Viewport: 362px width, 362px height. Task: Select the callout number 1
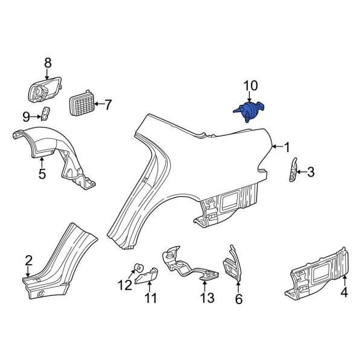pos(287,147)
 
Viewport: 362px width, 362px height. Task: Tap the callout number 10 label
pos(250,86)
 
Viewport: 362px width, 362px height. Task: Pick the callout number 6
pos(238,299)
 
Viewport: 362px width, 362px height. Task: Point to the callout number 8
pos(48,63)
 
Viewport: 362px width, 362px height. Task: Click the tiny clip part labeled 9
pos(46,113)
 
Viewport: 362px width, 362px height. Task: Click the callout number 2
pos(28,260)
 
